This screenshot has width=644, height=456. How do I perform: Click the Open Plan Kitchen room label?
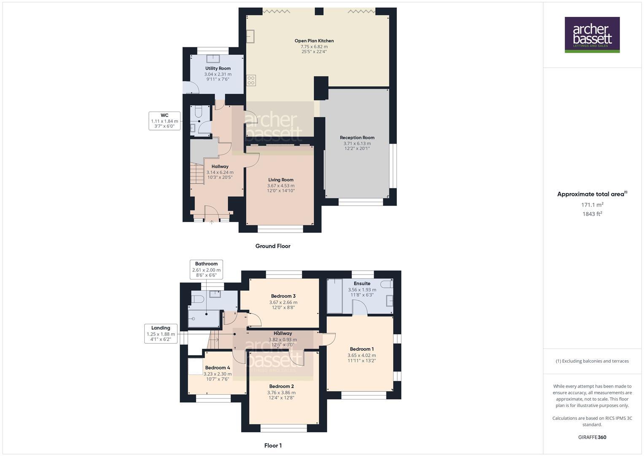tap(314, 41)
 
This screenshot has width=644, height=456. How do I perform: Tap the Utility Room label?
tap(218, 68)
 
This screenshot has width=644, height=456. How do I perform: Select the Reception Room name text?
tap(357, 138)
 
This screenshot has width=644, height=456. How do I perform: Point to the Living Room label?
tap(280, 180)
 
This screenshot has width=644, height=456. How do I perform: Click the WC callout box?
tap(164, 121)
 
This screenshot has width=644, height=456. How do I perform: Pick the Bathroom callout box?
tap(206, 269)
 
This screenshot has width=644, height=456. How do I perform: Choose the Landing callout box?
tap(161, 334)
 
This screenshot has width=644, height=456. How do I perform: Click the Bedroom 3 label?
tap(283, 296)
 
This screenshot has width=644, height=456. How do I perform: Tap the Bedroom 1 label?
tap(361, 349)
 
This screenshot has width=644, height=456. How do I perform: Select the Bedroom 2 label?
tap(281, 386)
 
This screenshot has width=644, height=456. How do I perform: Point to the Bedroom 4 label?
tap(217, 368)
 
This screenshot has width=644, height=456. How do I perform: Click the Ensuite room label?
tap(362, 284)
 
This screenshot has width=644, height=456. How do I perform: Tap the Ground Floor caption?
tap(272, 246)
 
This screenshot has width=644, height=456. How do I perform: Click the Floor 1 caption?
tap(273, 445)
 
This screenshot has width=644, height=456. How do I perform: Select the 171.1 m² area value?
tap(592, 205)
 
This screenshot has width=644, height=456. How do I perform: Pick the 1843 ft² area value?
tap(592, 214)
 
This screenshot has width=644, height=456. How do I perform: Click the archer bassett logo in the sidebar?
tap(592, 35)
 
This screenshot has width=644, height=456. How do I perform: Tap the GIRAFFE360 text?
tap(592, 437)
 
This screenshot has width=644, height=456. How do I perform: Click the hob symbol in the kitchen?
tap(251, 80)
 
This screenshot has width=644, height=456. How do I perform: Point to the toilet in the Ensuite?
tap(387, 284)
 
